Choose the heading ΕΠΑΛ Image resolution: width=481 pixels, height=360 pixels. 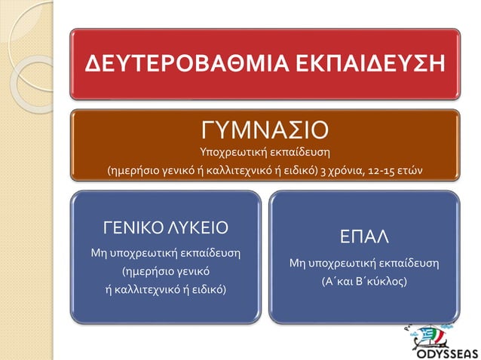click(x=363, y=237)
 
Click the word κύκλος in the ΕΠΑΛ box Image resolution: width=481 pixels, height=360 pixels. click(x=381, y=280)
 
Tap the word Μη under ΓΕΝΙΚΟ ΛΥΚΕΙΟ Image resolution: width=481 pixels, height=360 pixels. click(x=100, y=252)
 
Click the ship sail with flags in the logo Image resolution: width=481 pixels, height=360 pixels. click(x=437, y=329)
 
